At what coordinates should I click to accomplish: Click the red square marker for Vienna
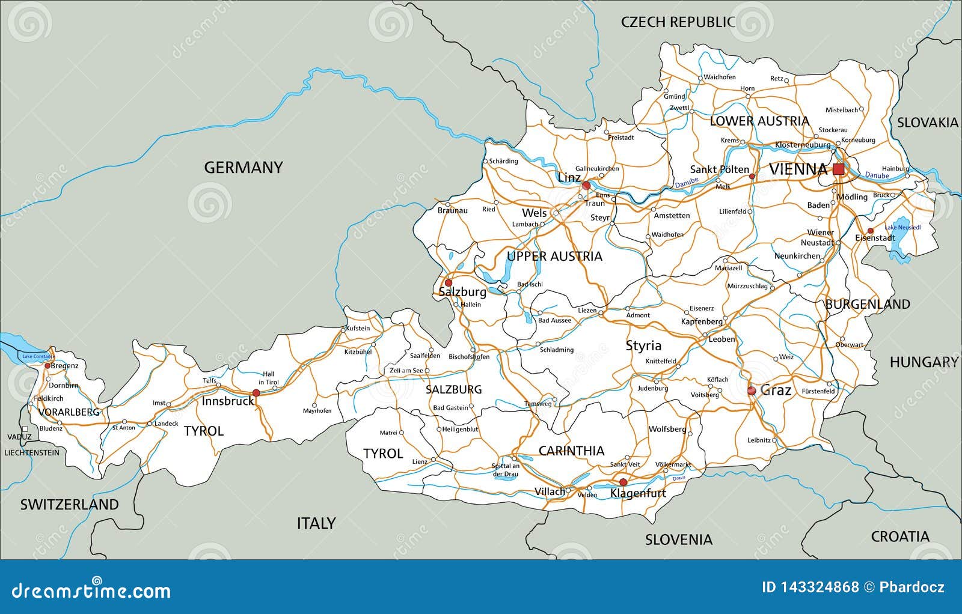click(838, 169)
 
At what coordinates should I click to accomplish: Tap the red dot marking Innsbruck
click(256, 393)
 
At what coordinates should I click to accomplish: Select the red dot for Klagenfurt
click(623, 482)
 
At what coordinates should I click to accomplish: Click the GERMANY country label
click(243, 168)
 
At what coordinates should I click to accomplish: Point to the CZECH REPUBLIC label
click(678, 22)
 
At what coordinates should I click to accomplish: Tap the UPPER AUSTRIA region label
click(554, 257)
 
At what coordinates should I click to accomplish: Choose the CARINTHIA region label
click(571, 451)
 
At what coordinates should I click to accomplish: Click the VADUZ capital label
click(19, 437)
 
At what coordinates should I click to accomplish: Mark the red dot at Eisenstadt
click(870, 231)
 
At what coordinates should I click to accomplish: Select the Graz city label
click(776, 391)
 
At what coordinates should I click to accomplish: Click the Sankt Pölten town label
click(719, 170)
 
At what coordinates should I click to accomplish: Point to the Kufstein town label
click(358, 329)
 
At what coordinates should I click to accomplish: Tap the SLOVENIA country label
click(679, 540)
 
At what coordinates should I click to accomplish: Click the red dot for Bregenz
click(47, 365)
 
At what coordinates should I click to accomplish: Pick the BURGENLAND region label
click(867, 305)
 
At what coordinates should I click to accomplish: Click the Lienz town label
click(419, 461)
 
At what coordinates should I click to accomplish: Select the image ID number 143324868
click(810, 587)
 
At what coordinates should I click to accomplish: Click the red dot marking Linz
click(586, 186)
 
